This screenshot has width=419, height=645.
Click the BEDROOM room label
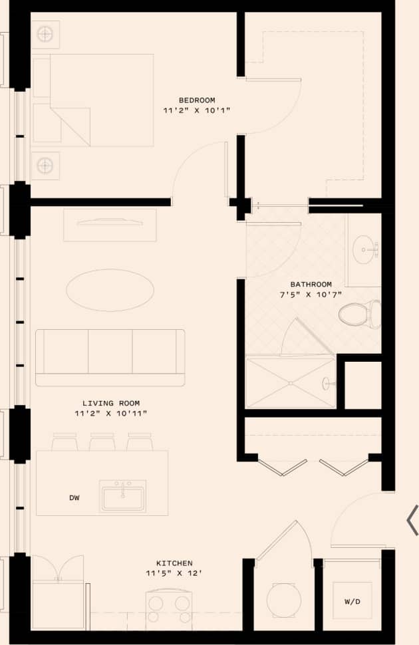(x=196, y=100)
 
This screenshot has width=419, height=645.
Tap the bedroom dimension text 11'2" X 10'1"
(x=196, y=110)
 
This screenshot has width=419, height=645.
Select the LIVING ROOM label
(x=111, y=403)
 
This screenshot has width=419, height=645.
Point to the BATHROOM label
(x=311, y=285)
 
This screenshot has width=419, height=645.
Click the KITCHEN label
(x=174, y=563)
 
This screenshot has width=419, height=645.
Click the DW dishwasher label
(x=74, y=497)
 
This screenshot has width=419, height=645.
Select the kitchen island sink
(x=123, y=497)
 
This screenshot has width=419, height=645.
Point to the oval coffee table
(x=110, y=290)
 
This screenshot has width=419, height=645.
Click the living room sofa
(x=110, y=356)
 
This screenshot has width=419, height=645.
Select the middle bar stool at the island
(x=102, y=442)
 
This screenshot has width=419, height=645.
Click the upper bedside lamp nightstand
(x=45, y=34)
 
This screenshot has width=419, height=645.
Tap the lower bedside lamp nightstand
(x=45, y=165)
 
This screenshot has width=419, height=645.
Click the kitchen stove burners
(x=169, y=608)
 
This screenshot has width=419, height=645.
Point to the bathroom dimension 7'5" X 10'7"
(x=311, y=295)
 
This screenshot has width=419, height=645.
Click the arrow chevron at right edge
(x=413, y=519)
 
